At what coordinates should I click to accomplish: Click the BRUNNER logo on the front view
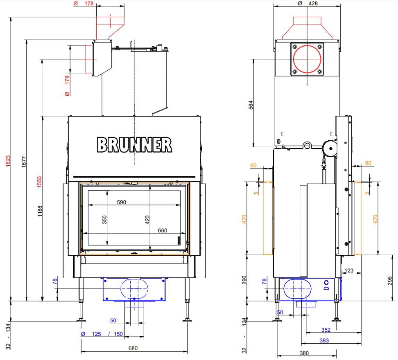134,145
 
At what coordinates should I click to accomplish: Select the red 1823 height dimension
8,161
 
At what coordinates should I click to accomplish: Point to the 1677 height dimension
24,162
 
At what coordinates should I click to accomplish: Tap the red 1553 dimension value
39,182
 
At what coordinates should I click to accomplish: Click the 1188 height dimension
40,211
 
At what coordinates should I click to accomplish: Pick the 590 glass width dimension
122,202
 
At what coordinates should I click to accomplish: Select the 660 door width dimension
163,230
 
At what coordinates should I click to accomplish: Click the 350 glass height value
104,220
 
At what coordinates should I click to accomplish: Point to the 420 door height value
147,220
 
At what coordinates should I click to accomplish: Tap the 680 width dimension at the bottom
133,348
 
